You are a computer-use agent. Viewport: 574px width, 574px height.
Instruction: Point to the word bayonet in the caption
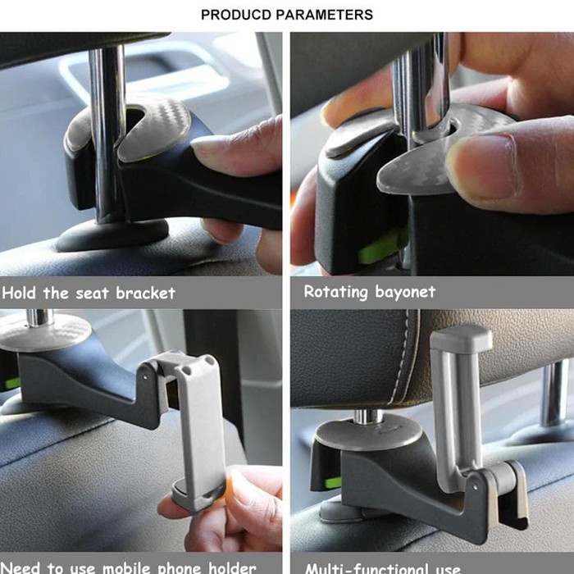coord(406,292)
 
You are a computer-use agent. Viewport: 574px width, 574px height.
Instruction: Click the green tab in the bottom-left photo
coord(11,383)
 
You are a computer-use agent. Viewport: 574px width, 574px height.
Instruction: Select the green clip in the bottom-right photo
coord(332,482)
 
